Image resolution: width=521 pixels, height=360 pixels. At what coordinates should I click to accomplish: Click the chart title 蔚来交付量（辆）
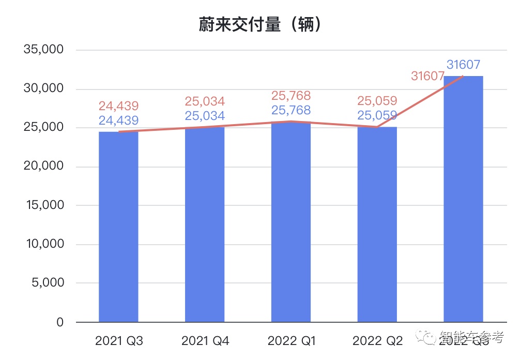(x=260, y=24)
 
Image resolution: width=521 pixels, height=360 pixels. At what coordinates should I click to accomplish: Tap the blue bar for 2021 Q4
(x=205, y=224)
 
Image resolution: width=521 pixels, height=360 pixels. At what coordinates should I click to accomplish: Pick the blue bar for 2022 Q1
(x=291, y=222)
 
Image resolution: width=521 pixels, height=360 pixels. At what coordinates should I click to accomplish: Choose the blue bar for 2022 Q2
(x=377, y=224)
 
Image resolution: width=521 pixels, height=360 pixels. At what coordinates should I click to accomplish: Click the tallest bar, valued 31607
(x=464, y=199)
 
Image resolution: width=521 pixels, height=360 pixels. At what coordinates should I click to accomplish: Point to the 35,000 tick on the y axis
(x=43, y=50)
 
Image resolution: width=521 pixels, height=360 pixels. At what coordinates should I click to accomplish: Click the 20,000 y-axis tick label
(x=43, y=166)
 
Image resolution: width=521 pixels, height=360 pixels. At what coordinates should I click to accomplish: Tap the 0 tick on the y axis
(x=59, y=322)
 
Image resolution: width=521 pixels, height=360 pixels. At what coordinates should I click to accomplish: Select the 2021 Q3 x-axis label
(x=119, y=341)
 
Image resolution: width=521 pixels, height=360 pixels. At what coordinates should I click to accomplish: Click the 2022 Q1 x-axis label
(x=292, y=341)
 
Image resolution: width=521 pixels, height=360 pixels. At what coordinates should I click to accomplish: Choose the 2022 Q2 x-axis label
(x=377, y=341)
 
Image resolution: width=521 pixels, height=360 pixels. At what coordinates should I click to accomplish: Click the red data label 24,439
(x=119, y=106)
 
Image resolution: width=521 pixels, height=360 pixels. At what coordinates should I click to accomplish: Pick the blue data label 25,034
(x=205, y=115)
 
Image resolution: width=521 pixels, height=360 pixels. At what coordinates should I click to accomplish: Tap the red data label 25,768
(x=291, y=96)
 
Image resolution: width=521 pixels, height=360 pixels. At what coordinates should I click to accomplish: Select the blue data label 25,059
(x=377, y=115)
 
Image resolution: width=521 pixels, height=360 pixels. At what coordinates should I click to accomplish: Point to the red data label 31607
(x=427, y=76)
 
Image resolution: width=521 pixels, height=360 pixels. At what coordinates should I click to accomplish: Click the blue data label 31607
(x=464, y=65)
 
